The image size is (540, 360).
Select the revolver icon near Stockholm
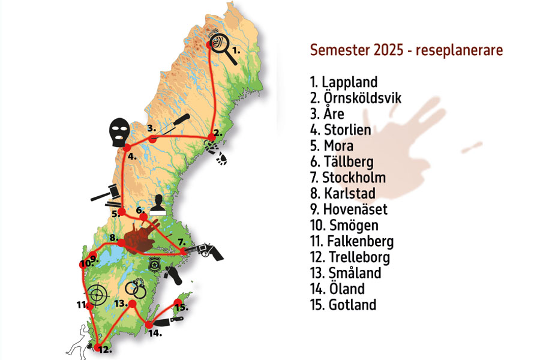click(x=208, y=251)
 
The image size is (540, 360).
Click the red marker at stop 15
click(x=178, y=302)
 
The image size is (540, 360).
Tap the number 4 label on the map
click(x=131, y=157)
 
